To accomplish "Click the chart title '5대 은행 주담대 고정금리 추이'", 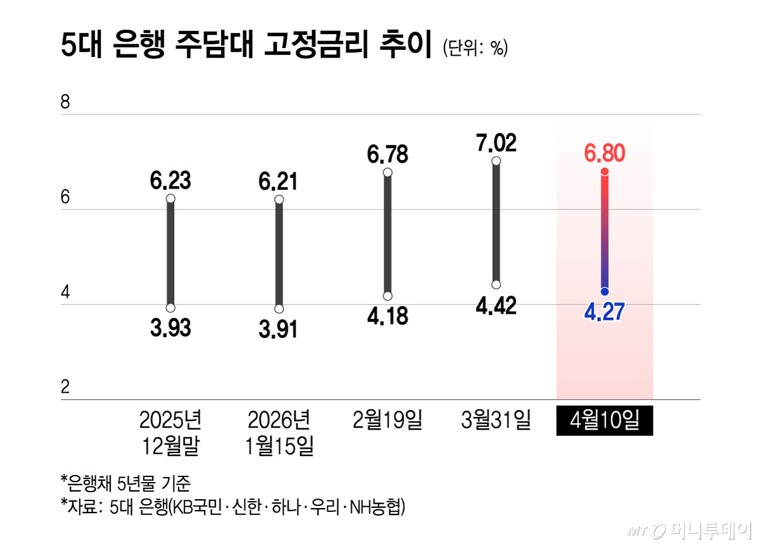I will [246, 47].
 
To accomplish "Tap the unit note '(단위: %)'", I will [476, 49].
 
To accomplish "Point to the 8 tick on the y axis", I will [65, 102].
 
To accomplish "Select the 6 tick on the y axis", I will [65, 198].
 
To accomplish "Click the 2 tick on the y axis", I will [65, 387].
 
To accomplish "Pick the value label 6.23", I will [170, 181].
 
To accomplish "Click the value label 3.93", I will [170, 328].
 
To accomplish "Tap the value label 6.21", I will [278, 182].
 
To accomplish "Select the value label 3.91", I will [278, 329].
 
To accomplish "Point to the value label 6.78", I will [388, 154].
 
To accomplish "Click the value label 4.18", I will [388, 315].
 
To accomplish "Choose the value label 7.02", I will [496, 143].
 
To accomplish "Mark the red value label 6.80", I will [604, 153].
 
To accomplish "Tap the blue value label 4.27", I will [604, 312].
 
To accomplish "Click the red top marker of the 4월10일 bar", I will [605, 171].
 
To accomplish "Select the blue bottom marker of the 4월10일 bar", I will [605, 291].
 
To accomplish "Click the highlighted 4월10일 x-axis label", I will [604, 421].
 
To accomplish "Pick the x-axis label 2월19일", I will [388, 420].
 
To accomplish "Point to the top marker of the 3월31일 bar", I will [496, 161].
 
